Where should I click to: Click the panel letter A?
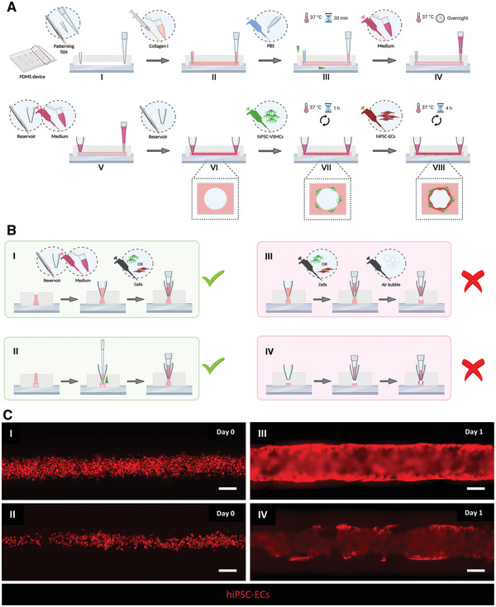(x=7, y=7)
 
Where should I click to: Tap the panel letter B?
(x=7, y=232)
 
